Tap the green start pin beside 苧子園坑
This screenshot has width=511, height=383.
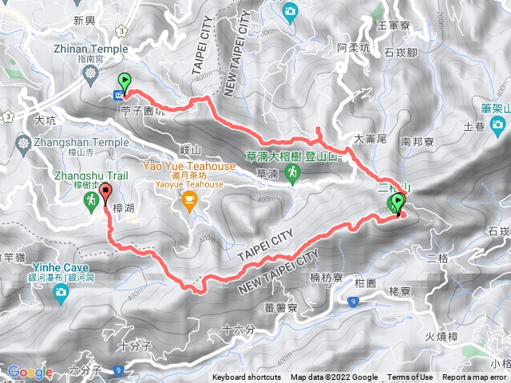coord(125,81)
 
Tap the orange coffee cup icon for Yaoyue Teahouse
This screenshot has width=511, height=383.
coord(189,199)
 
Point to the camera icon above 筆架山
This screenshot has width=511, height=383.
coord(497,124)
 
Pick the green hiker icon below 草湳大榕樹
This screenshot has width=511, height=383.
coord(293,172)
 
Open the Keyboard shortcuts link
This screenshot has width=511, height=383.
coord(247,377)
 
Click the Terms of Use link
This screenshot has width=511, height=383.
coord(410,377)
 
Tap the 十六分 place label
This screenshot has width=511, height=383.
coord(238,329)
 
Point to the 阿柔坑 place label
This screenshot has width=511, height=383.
coord(354,48)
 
